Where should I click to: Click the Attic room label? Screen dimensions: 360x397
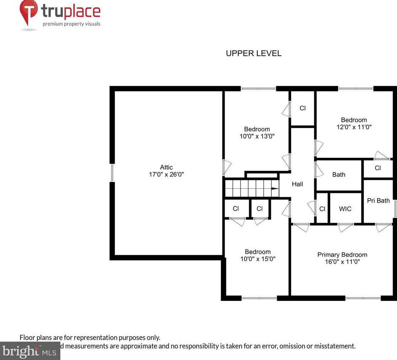pyautogui.click(x=166, y=167)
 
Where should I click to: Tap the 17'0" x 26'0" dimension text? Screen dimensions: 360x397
pyautogui.click(x=166, y=175)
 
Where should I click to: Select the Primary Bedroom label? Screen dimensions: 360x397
pyautogui.click(x=342, y=255)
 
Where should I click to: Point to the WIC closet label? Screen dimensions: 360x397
pyautogui.click(x=345, y=209)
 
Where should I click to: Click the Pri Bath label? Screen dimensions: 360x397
pyautogui.click(x=378, y=201)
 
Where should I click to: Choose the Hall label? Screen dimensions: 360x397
pyautogui.click(x=297, y=184)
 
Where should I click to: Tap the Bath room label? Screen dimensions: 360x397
pyautogui.click(x=339, y=174)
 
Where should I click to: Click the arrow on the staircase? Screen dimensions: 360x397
pyautogui.click(x=275, y=189)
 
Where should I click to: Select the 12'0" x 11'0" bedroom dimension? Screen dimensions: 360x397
pyautogui.click(x=354, y=127)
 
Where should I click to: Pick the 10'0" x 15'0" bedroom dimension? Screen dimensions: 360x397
pyautogui.click(x=258, y=259)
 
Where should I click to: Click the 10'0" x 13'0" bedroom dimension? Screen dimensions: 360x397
pyautogui.click(x=257, y=136)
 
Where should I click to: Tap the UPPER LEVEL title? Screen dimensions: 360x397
pyautogui.click(x=254, y=54)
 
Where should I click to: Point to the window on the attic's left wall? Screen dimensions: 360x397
pyautogui.click(x=112, y=173)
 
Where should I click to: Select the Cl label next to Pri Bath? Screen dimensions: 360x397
pyautogui.click(x=377, y=168)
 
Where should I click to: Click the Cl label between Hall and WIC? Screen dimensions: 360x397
pyautogui.click(x=322, y=209)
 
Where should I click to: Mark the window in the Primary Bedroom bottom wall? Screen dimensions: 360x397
pyautogui.click(x=363, y=298)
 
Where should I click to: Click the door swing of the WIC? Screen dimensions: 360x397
pyautogui.click(x=345, y=227)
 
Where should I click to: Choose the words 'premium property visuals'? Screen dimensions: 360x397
pyautogui.click(x=71, y=24)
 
